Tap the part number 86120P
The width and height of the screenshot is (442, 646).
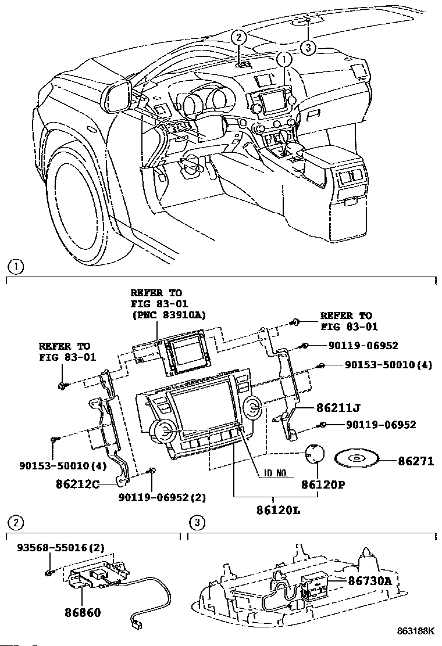click(319, 483)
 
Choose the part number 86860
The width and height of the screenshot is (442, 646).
click(83, 612)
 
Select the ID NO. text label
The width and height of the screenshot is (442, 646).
click(274, 473)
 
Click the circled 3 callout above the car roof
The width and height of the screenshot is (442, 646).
click(309, 47)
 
